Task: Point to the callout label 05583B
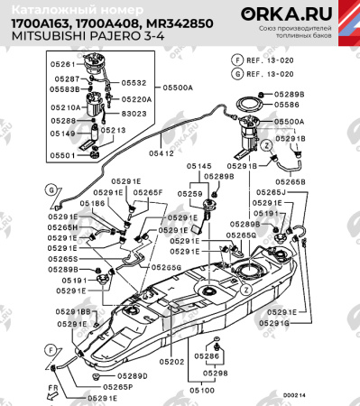pos(68,90)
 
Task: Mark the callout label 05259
pos(190,193)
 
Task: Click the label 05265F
pos(148,192)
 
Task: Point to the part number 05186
pos(91,204)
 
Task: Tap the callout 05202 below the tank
pos(171,362)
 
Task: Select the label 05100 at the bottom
pos(202,390)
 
